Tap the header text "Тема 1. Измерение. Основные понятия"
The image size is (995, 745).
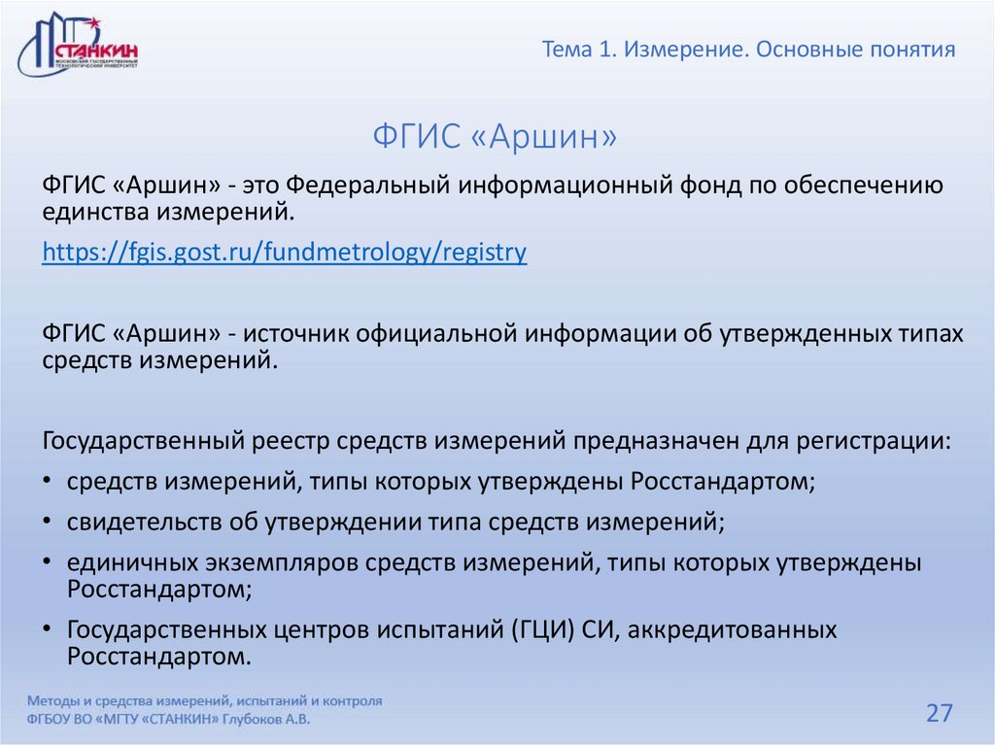click(748, 49)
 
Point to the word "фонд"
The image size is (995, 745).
click(698, 186)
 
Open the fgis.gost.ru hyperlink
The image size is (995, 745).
click(285, 254)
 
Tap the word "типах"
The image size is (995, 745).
click(927, 334)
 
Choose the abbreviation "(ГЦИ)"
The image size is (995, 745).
click(542, 630)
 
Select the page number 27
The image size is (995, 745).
click(939, 714)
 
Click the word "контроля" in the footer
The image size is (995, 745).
click(349, 700)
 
